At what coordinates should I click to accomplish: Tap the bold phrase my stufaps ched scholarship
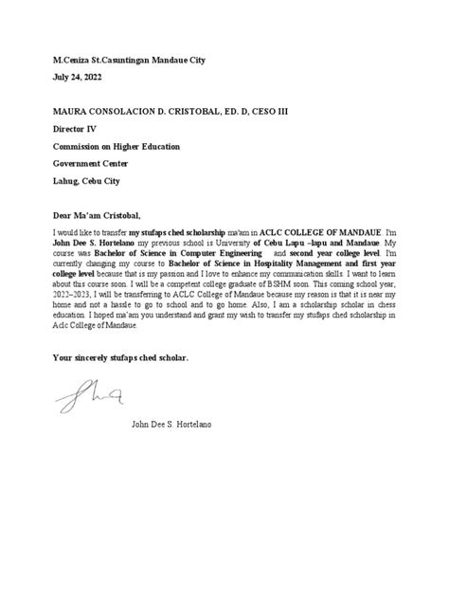[177, 231]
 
